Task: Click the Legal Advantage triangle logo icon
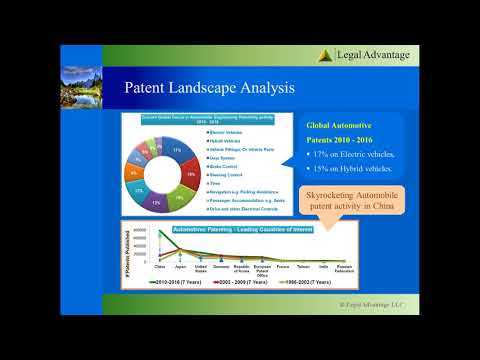click(326, 55)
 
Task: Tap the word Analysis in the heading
click(266, 88)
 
